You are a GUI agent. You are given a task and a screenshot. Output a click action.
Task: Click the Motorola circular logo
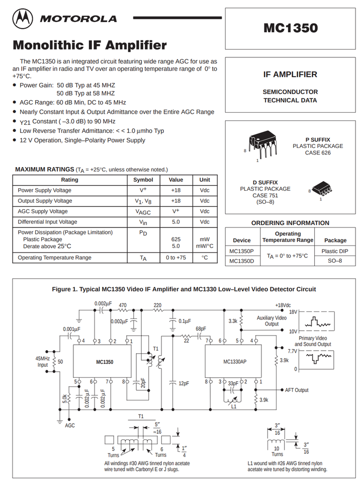coord(23,19)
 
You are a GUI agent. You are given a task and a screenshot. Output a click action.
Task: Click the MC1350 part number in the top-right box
coord(291,28)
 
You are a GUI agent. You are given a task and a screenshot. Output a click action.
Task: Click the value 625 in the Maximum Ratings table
coord(176,239)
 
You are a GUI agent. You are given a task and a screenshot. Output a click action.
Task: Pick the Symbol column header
coord(143,180)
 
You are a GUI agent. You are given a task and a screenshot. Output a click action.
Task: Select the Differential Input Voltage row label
coord(47,222)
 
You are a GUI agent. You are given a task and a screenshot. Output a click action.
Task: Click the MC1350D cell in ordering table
coord(241,261)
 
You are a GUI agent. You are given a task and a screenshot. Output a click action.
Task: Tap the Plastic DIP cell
coord(335,251)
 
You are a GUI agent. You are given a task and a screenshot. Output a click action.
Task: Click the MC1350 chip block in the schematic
coord(105,362)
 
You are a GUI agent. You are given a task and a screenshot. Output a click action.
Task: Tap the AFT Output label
coord(297,390)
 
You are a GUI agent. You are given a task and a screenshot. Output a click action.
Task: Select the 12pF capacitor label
coord(184,383)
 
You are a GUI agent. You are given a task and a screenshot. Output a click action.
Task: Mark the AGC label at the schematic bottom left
coord(70,425)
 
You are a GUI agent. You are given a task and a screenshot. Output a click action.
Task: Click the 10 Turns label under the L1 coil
coord(276,451)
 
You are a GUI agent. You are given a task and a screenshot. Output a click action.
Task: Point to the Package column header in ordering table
coord(335,240)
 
